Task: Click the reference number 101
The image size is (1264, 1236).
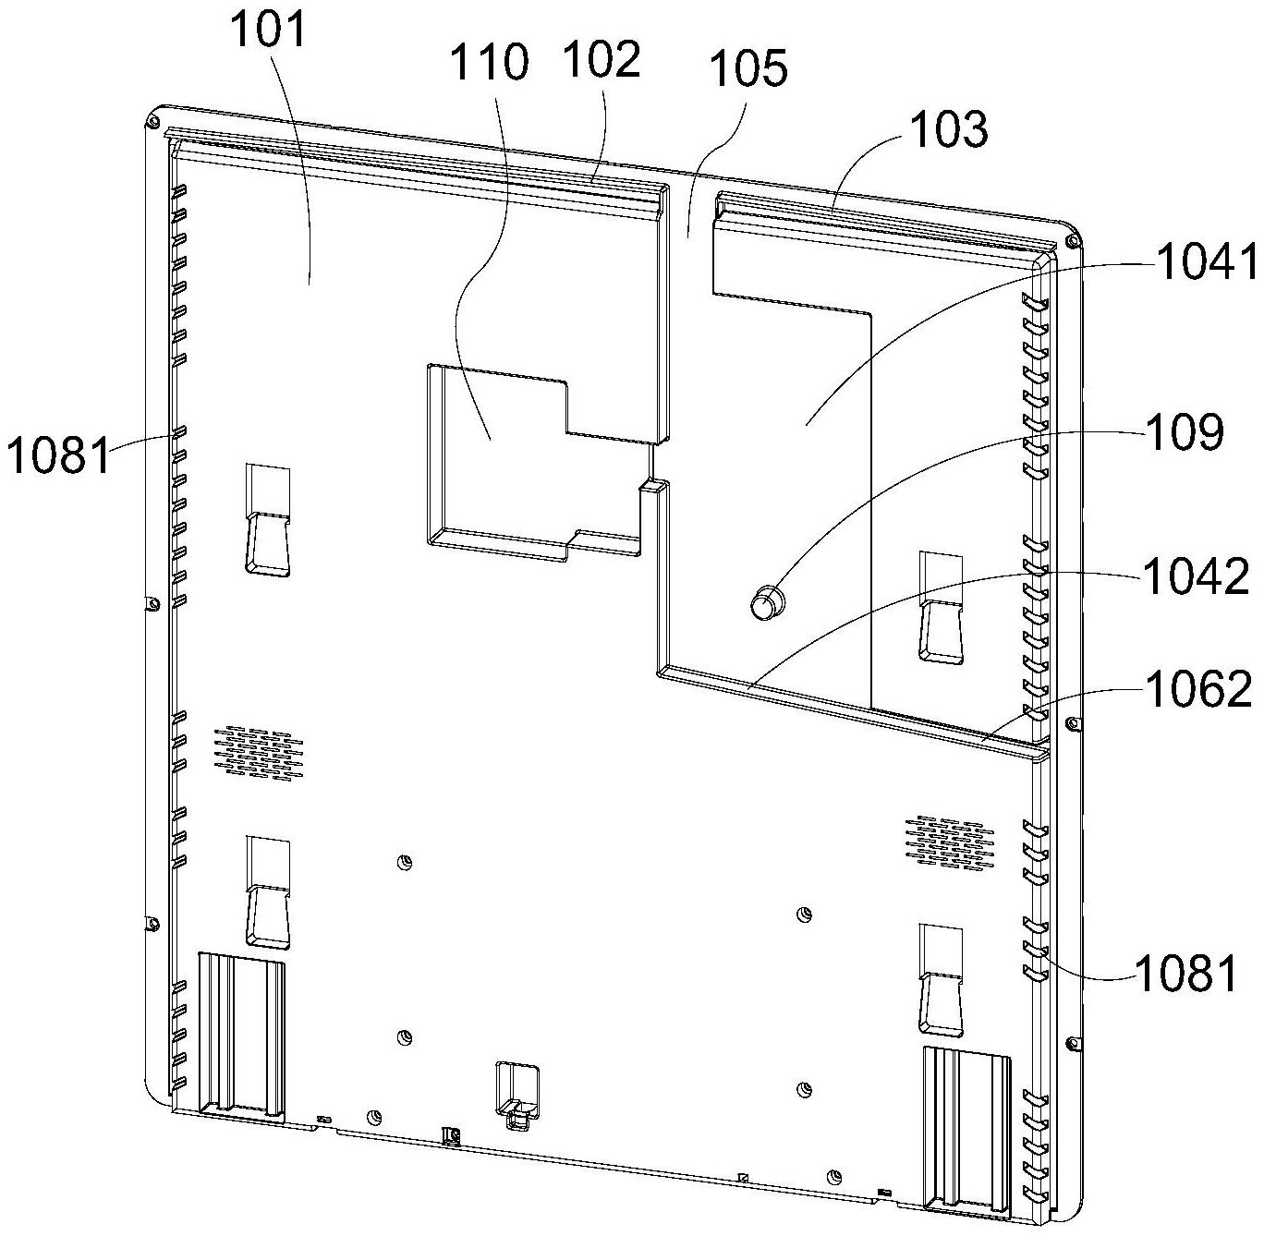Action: point(268,30)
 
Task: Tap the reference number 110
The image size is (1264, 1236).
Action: point(489,62)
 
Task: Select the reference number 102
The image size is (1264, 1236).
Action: point(602,59)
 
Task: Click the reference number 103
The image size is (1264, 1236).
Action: point(948,128)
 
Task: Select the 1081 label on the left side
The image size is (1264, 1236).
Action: point(58,455)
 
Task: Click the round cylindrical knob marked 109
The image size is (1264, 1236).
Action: point(767,601)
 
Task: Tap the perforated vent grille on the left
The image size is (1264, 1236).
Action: point(259,750)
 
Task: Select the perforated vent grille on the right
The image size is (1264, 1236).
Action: point(949,840)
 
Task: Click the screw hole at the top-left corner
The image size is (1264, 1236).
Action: point(153,121)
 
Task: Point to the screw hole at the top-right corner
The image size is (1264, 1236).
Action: point(1072,242)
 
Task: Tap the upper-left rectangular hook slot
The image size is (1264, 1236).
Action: point(268,519)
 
